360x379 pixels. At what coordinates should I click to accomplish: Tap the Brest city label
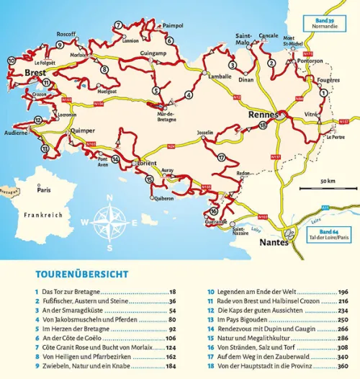click(x=35, y=73)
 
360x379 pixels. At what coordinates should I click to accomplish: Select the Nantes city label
click(x=274, y=243)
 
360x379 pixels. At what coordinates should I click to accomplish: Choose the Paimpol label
click(x=174, y=25)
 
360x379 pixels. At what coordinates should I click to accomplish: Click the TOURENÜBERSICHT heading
click(x=81, y=275)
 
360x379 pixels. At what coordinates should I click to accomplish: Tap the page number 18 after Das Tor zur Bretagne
click(x=172, y=292)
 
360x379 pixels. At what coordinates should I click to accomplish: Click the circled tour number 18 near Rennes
click(x=263, y=125)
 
